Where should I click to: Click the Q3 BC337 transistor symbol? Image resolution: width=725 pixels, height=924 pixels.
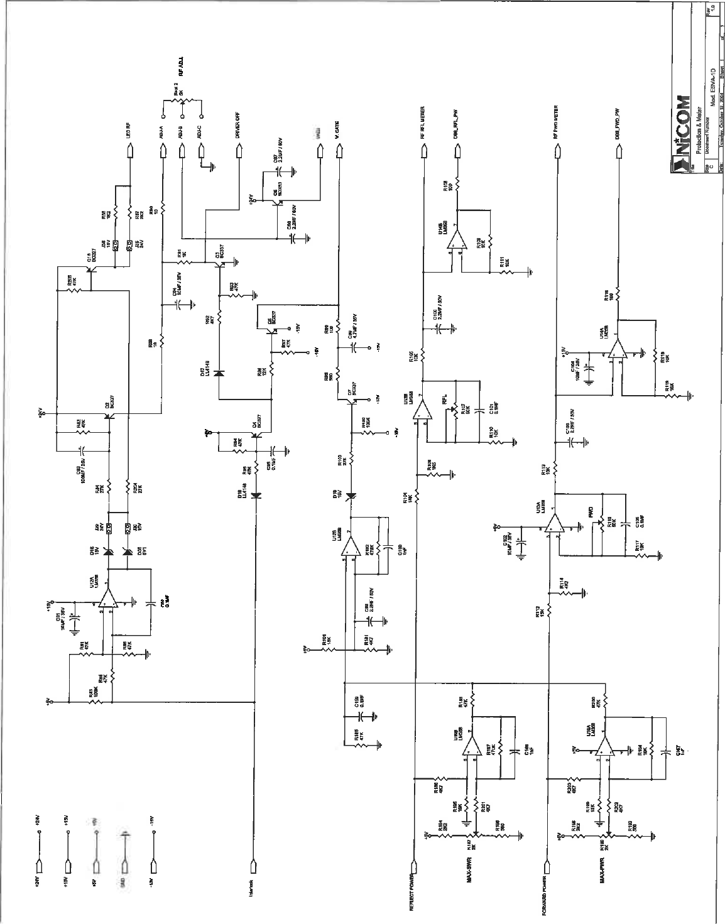point(220,264)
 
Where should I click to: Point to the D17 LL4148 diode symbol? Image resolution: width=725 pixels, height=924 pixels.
point(219,373)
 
